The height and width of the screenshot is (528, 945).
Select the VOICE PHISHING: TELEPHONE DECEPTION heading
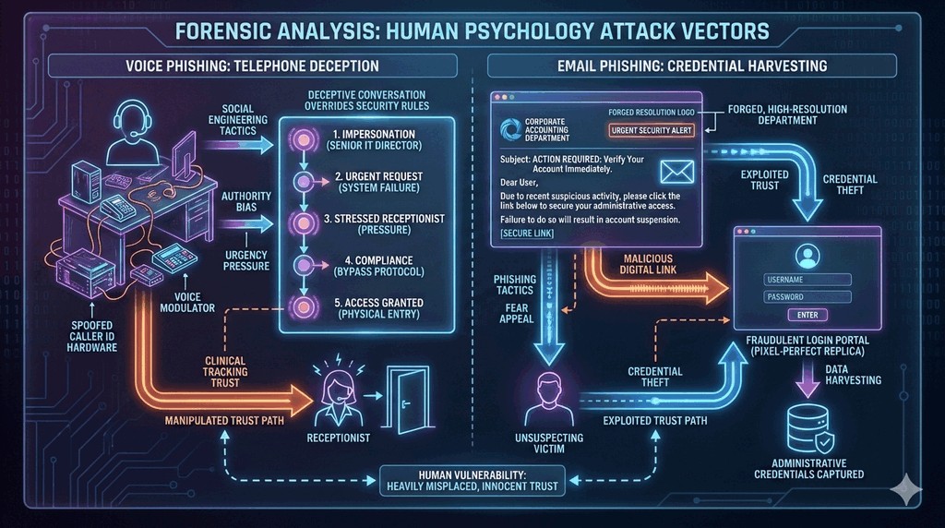(x=253, y=66)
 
